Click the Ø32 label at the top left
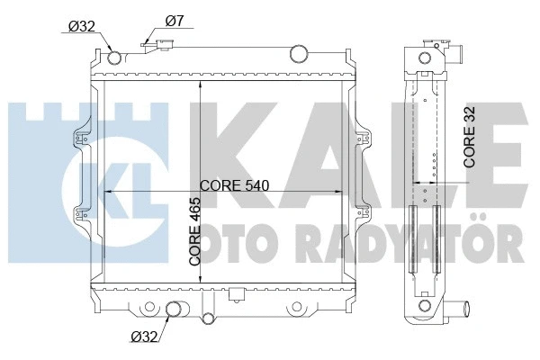pyautogui.click(x=83, y=25)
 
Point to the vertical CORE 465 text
pyautogui.click(x=195, y=232)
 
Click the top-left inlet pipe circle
pyautogui.click(x=114, y=58)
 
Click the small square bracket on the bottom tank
pyautogui.click(x=237, y=294)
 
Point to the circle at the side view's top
pyautogui.click(x=424, y=59)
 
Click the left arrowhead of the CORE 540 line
pyautogui.click(x=110, y=192)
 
